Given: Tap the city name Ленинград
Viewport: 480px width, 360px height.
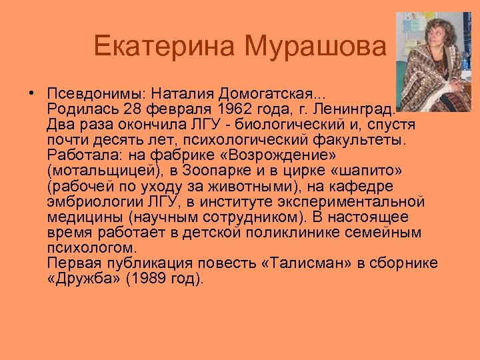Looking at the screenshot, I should coord(353,107).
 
